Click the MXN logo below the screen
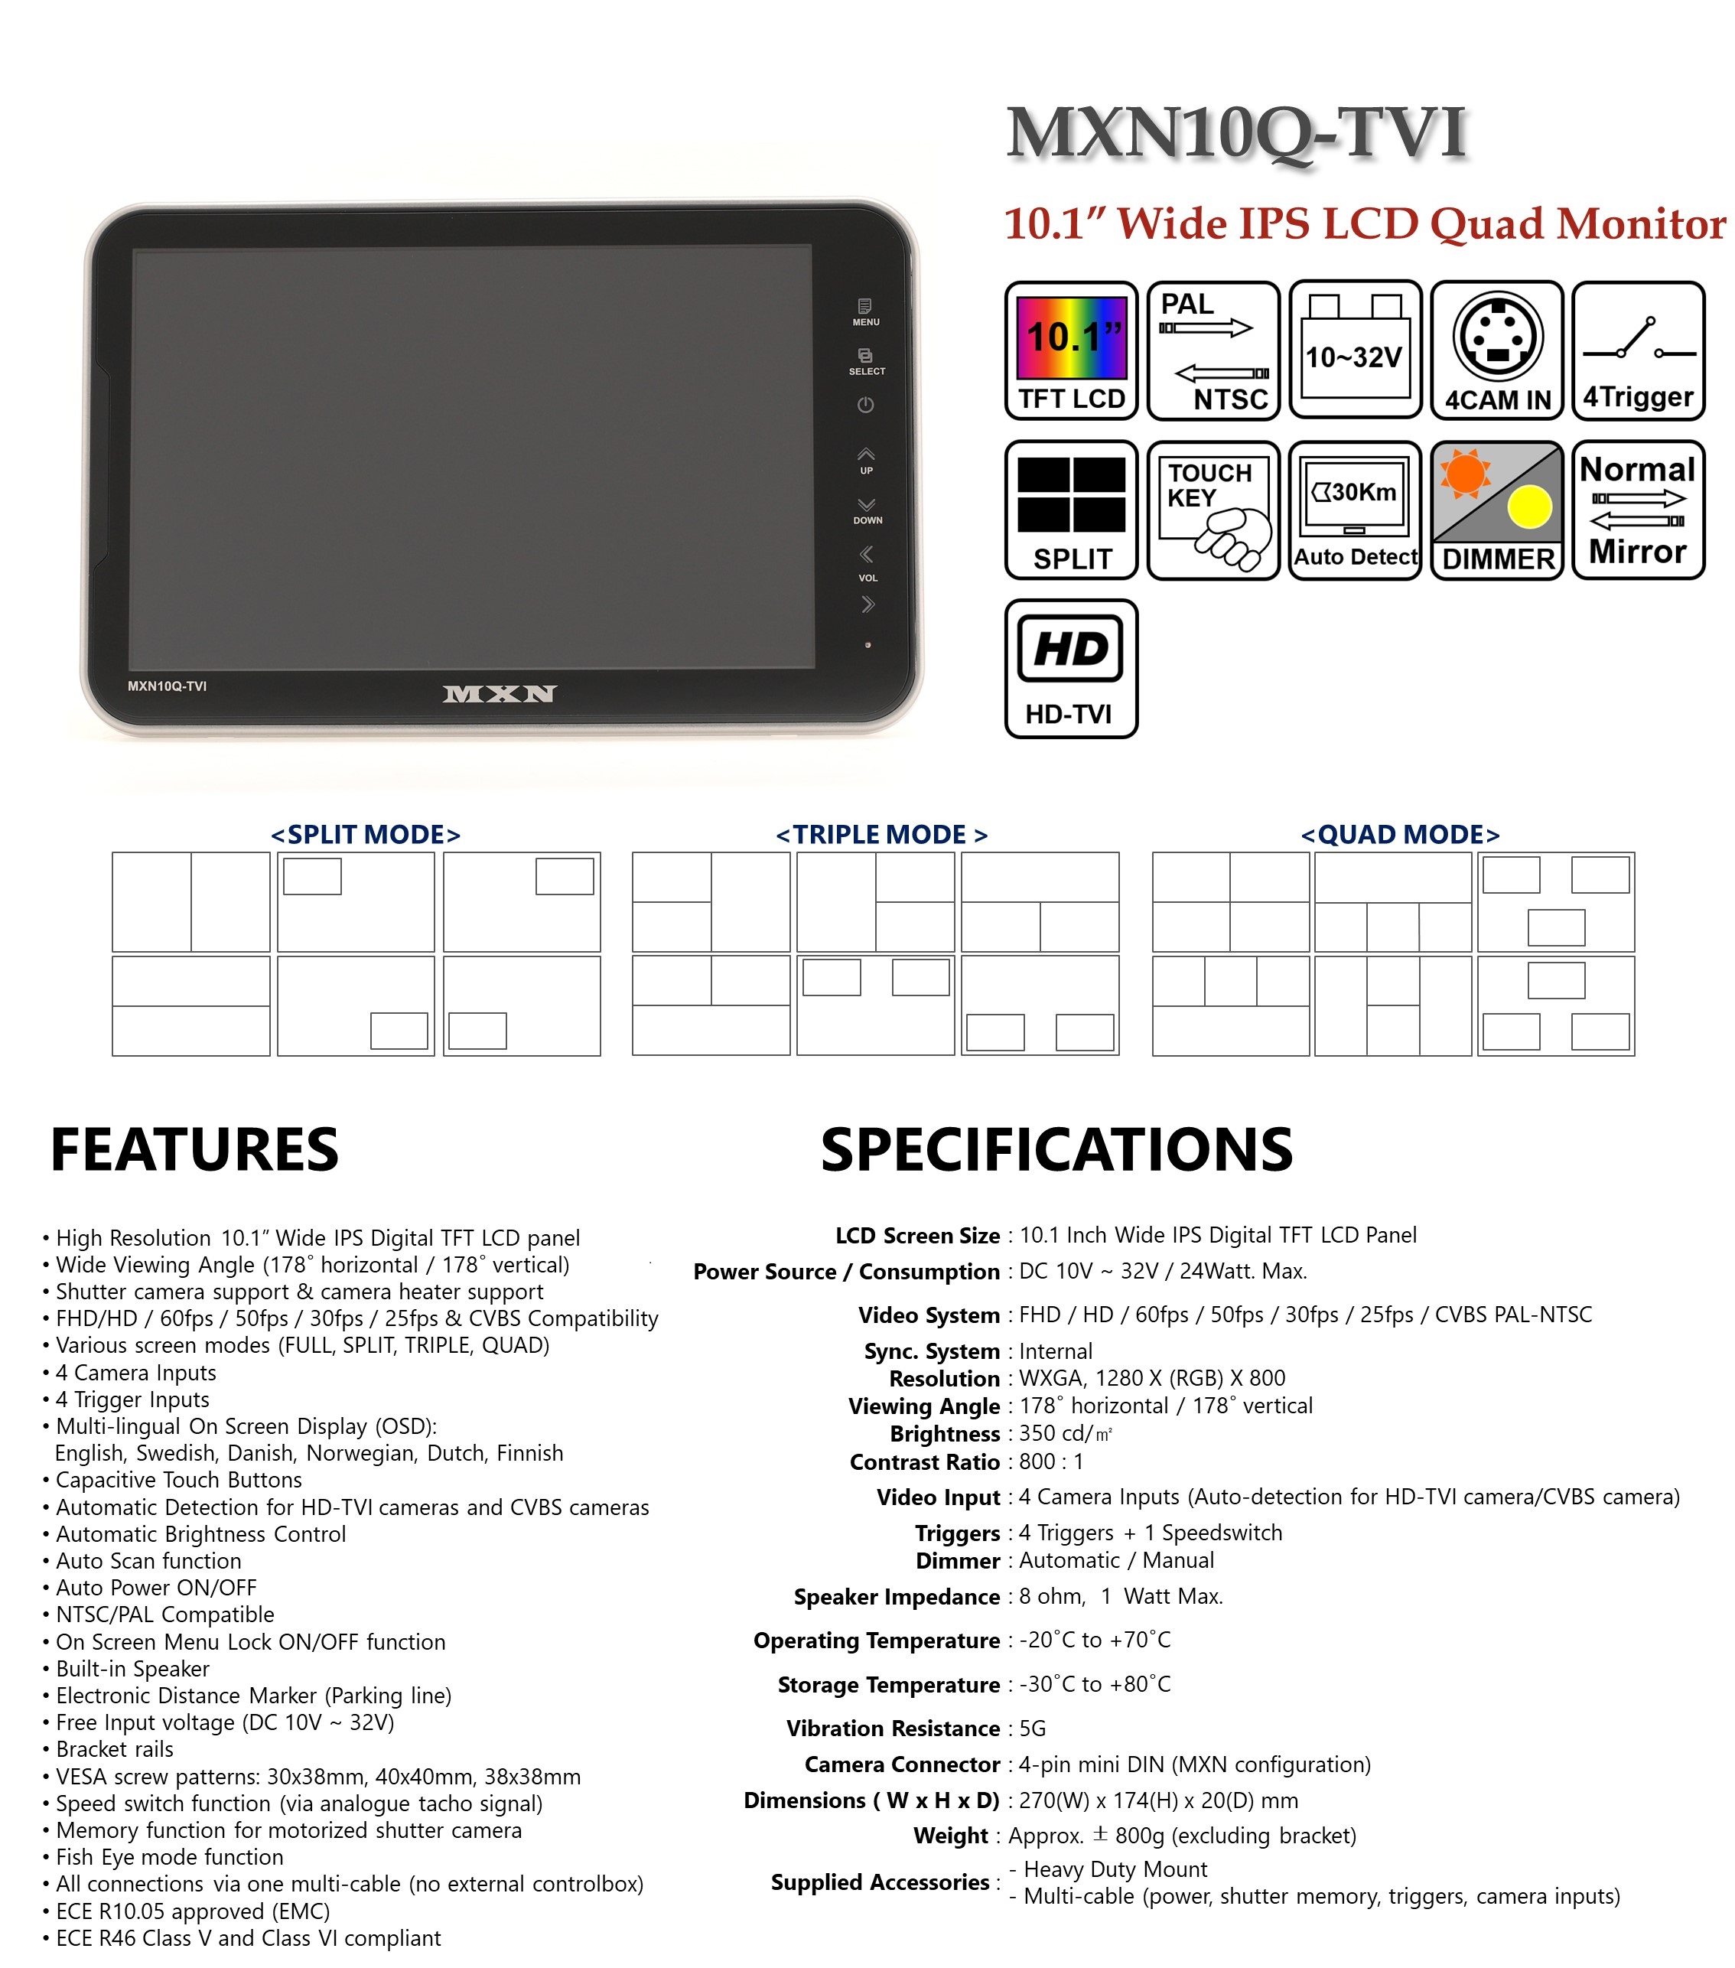pos(499,693)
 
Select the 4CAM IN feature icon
pos(1497,350)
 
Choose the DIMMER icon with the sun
pos(1497,510)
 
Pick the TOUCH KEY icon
pos(1213,510)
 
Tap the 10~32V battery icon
pos(1355,350)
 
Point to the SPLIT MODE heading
pos(366,834)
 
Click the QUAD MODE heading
pos(1400,834)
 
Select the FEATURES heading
pos(194,1149)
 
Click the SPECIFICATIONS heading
pos(1056,1149)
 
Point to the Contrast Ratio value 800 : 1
pos(1051,1461)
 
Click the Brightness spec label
pos(945,1435)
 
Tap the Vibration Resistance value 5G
pos(1032,1729)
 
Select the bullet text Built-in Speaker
pos(132,1669)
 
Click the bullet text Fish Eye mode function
pos(170,1857)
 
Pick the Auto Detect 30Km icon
pos(1355,510)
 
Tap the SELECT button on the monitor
pos(867,362)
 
